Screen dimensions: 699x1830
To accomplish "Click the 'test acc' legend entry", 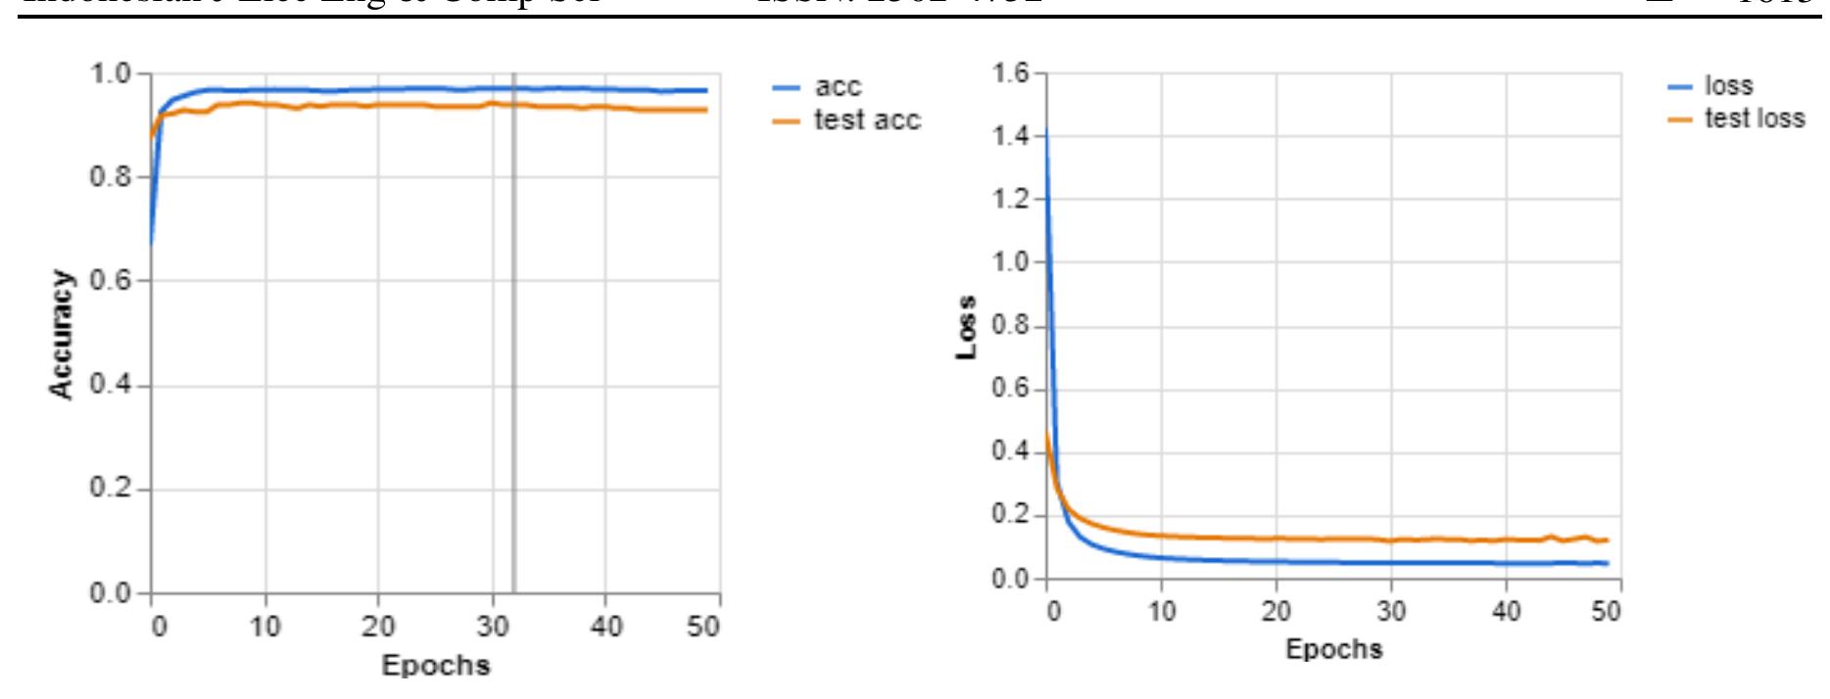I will point(866,120).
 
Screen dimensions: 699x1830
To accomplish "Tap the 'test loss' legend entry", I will point(1754,118).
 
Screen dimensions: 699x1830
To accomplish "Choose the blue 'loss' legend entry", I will point(1728,86).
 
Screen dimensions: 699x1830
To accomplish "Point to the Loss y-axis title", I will point(968,326).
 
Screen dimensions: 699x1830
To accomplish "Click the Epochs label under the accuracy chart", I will point(435,666).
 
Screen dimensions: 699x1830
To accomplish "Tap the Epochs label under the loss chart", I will point(1333,648).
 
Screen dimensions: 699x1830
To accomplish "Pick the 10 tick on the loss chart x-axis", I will point(1161,612).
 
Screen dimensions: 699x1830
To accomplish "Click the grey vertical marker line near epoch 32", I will point(513,333).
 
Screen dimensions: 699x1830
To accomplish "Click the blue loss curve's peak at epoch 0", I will point(1046,132).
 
